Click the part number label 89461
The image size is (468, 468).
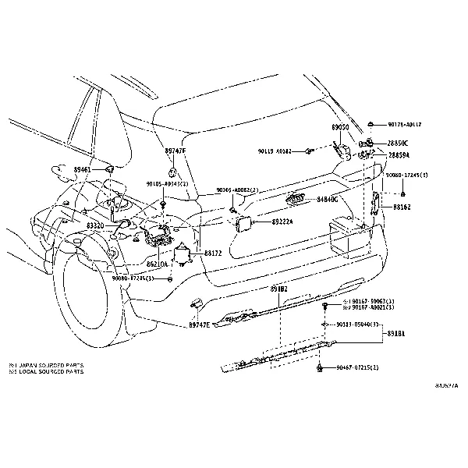pyautogui.click(x=83, y=169)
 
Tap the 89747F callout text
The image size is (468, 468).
pyautogui.click(x=175, y=149)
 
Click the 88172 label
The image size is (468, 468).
pyautogui.click(x=213, y=253)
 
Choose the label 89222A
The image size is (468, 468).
pyautogui.click(x=283, y=222)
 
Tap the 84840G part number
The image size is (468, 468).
pyautogui.click(x=328, y=200)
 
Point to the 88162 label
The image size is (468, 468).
pyautogui.click(x=402, y=207)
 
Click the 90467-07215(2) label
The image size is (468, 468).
pyautogui.click(x=357, y=367)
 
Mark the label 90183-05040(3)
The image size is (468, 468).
pyautogui.click(x=358, y=324)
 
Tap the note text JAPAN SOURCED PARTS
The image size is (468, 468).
pyautogui.click(x=48, y=365)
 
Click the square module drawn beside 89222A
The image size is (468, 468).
pyautogui.click(x=243, y=224)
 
